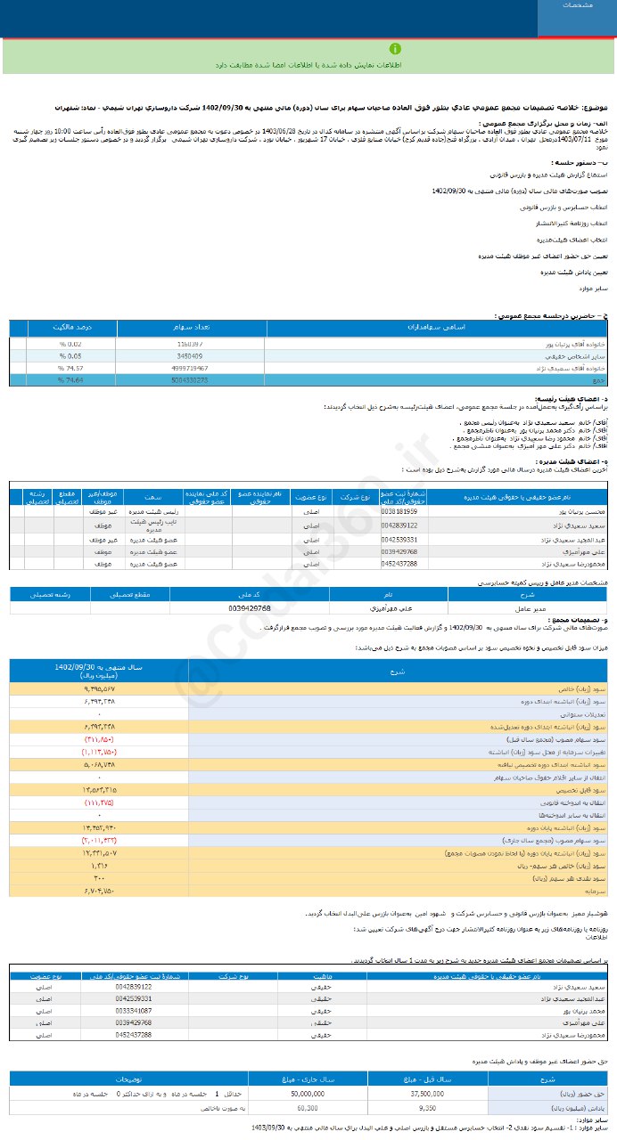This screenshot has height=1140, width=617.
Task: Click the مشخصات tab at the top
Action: click(x=578, y=6)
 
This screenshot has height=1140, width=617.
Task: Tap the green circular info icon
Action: click(x=308, y=50)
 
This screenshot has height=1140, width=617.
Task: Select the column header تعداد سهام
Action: click(x=191, y=328)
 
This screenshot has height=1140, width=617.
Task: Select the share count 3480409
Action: click(x=189, y=354)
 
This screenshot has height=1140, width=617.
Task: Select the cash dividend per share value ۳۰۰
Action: click(x=99, y=877)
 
